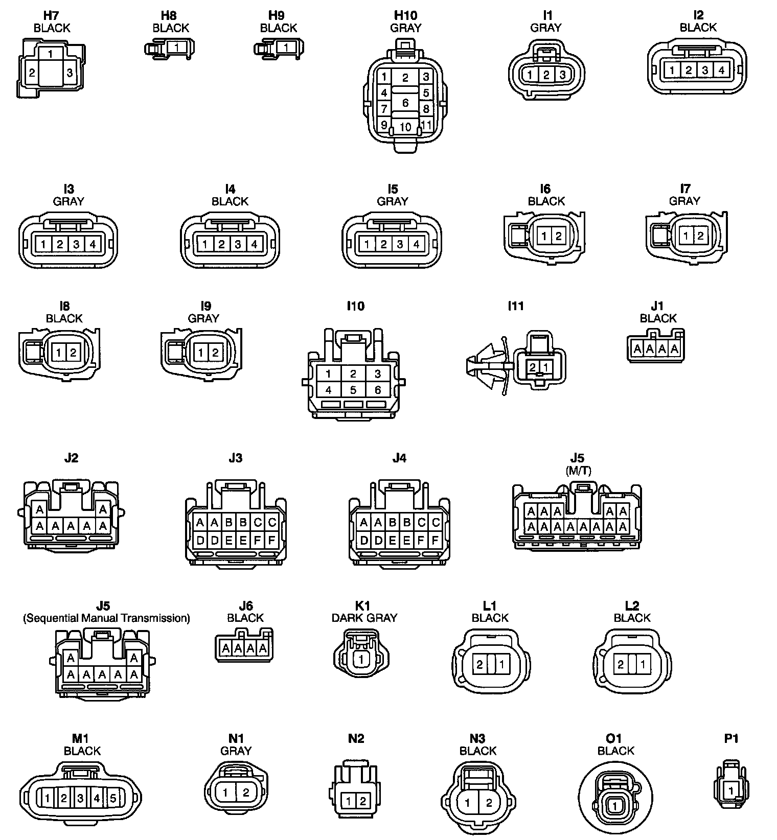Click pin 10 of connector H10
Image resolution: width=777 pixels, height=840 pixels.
405,127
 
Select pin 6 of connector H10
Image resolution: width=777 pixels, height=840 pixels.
405,103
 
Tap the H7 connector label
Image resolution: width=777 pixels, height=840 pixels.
52,16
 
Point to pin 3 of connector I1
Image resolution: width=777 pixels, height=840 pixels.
562,75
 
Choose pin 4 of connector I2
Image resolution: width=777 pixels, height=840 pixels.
721,70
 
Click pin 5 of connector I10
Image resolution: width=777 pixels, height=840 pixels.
353,390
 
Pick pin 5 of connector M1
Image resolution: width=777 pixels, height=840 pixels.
113,798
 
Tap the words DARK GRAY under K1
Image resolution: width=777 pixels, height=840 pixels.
364,618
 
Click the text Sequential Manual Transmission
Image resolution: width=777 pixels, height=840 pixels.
106,618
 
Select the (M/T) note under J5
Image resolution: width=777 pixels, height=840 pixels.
578,471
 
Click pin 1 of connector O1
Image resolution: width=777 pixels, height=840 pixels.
615,806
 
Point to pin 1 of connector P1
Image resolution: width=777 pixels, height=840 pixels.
731,791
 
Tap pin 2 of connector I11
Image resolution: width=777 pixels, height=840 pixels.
533,367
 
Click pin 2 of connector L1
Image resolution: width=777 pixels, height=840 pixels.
479,665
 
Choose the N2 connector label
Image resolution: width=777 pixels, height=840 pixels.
356,738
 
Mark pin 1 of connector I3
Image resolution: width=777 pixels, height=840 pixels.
43,244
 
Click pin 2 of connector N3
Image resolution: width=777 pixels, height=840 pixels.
489,803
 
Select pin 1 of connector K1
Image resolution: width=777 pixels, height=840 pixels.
361,659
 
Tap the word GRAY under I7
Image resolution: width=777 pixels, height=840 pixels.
684,201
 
